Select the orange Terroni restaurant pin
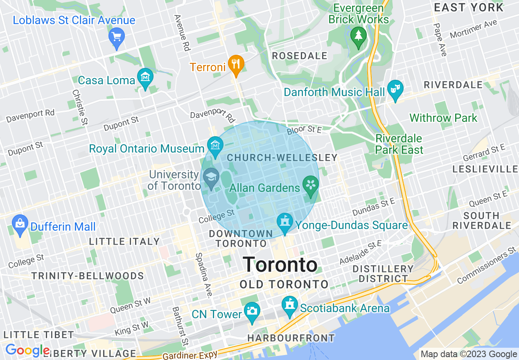(236, 64)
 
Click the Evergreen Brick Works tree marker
(359, 36)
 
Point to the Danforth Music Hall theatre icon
(395, 89)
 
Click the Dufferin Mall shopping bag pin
(20, 223)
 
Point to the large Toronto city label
(280, 265)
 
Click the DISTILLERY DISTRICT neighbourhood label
(383, 274)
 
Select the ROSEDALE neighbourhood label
(300, 56)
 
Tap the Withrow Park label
(443, 118)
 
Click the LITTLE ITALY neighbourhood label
(124, 241)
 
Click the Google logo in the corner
(27, 351)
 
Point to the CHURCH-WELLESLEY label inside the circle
(282, 157)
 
